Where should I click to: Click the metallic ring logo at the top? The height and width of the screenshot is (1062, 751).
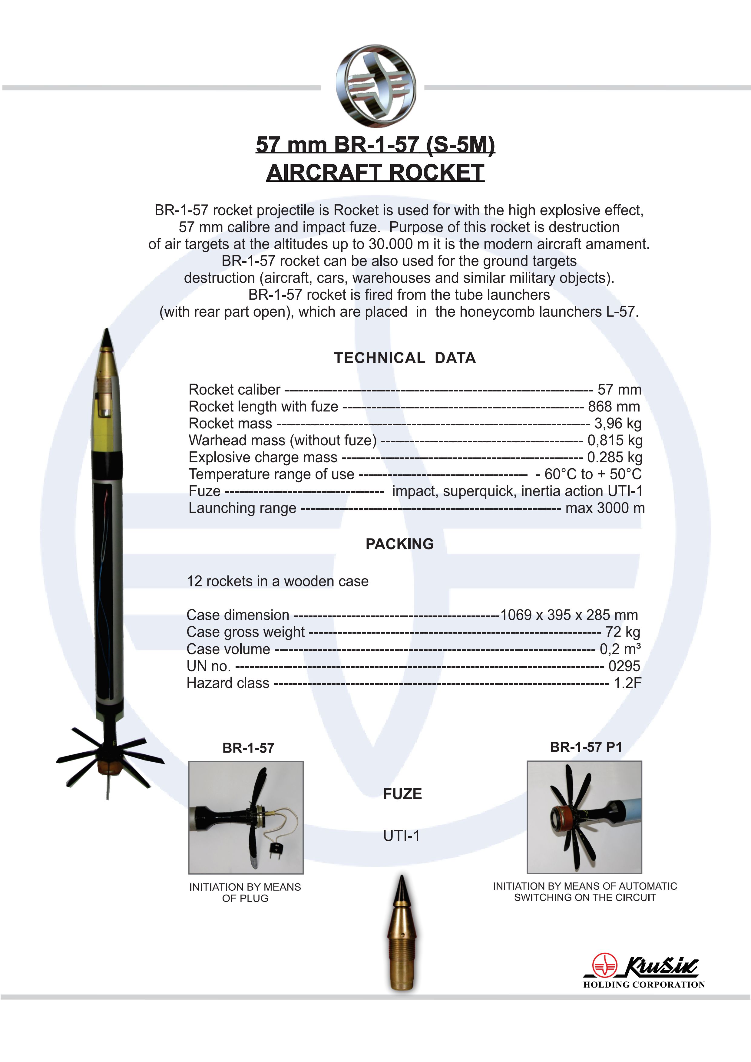point(376,86)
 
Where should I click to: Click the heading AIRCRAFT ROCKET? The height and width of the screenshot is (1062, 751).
point(375,173)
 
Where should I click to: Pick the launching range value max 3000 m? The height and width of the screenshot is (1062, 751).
point(605,508)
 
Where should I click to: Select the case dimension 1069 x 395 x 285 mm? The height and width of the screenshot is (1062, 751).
point(569,615)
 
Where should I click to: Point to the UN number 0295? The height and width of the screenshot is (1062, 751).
point(624,666)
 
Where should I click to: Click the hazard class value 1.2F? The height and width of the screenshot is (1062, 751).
point(627,683)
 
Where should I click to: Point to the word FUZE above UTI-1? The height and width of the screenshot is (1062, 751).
point(402,794)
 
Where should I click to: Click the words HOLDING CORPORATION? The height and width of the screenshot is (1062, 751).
point(643,984)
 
